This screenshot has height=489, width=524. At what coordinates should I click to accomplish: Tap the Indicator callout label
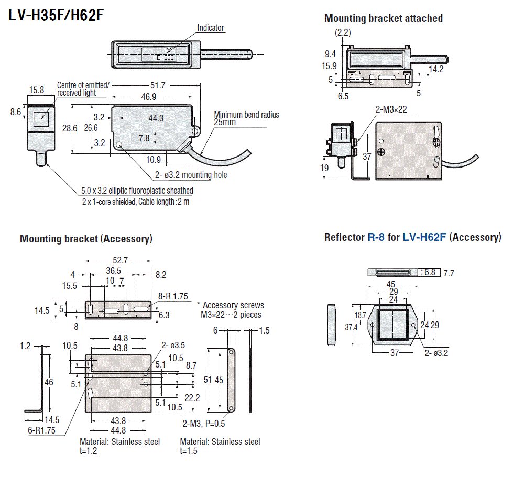(211, 28)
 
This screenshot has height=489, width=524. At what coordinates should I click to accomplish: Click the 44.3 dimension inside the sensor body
(156, 118)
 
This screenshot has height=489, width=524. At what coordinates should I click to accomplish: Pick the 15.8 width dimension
(36, 90)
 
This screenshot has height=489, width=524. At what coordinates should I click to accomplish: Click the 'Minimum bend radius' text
(246, 115)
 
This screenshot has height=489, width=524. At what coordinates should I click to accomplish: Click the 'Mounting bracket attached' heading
(383, 18)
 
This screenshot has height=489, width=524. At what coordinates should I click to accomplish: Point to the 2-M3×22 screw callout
(391, 109)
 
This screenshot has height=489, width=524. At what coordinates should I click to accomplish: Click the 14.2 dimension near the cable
(436, 69)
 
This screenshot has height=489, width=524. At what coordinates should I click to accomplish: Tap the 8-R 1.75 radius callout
(172, 296)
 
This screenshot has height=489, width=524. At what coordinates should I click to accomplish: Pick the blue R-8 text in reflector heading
(376, 237)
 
